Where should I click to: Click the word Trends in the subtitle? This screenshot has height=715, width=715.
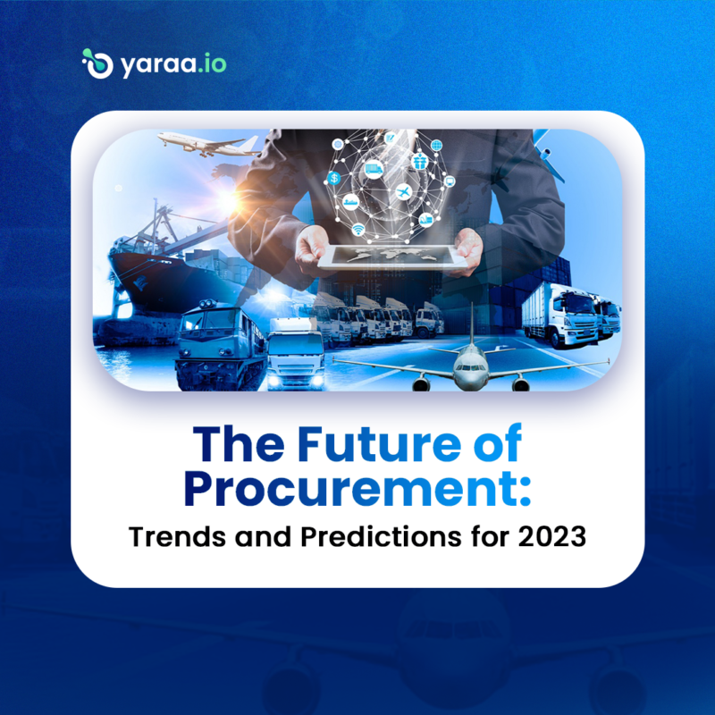[169, 539]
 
